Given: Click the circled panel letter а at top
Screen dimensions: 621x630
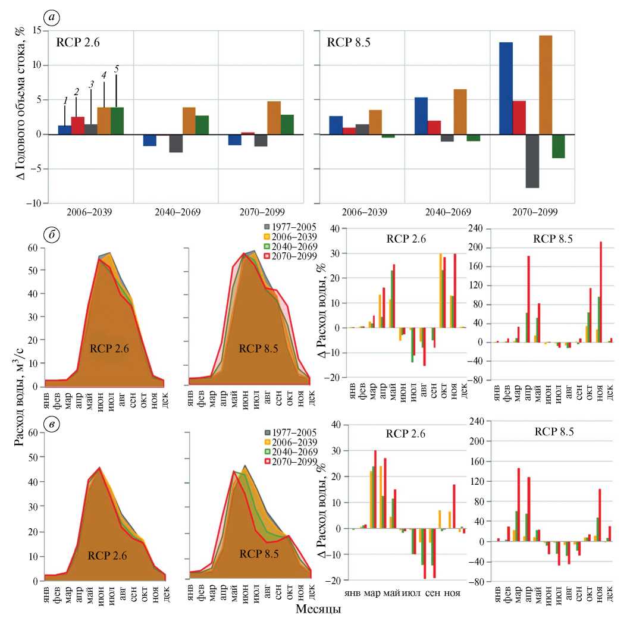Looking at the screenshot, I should point(54,17).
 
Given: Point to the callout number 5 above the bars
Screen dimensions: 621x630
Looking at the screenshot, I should point(117,70).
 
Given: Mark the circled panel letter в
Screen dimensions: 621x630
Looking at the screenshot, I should point(53,427).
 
